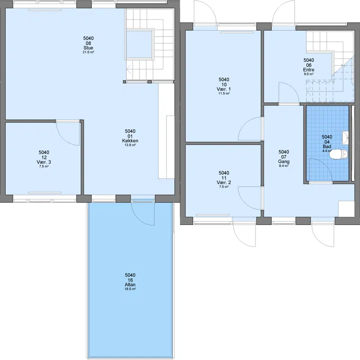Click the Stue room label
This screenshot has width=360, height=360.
coord(88,48)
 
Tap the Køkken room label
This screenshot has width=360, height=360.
coord(130,141)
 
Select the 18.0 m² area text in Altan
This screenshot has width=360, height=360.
coord(130,289)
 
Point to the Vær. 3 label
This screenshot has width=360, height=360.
coord(44,162)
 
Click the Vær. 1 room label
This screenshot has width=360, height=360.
coord(224,89)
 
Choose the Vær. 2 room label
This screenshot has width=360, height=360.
coord(224,183)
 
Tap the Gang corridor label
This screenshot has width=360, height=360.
coord(284,162)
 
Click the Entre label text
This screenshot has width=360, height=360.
coord(309,70)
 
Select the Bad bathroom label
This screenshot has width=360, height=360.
coord(327,147)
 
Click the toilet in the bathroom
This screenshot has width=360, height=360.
coord(338,154)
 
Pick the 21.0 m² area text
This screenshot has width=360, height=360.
coord(88,52)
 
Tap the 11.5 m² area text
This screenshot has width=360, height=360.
coord(224,94)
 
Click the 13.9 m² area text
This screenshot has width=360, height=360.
coord(130,145)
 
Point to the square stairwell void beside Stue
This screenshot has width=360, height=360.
coord(139,45)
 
